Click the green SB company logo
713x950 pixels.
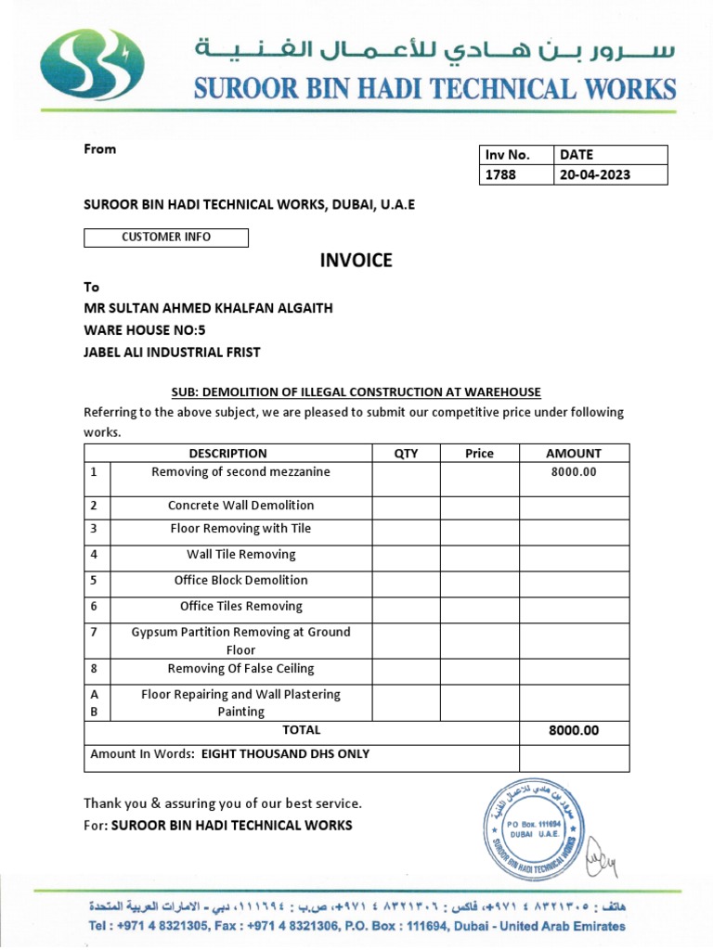pyautogui.click(x=92, y=65)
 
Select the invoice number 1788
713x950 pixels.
pyautogui.click(x=498, y=174)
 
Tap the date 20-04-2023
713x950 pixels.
pyautogui.click(x=594, y=174)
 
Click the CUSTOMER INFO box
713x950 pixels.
pyautogui.click(x=166, y=237)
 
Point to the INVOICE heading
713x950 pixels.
pyautogui.click(x=356, y=261)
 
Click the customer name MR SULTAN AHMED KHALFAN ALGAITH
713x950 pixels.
pyautogui.click(x=208, y=308)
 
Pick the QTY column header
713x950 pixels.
pyautogui.click(x=406, y=454)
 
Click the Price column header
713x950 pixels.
pyautogui.click(x=479, y=454)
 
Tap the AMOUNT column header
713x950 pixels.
pyautogui.click(x=574, y=454)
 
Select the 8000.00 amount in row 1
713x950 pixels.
pyautogui.click(x=574, y=472)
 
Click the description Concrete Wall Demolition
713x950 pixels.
pyautogui.click(x=240, y=506)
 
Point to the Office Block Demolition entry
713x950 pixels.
pyautogui.click(x=240, y=581)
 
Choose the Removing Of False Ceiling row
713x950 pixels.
pyautogui.click(x=240, y=669)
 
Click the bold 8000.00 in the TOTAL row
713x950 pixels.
pyautogui.click(x=574, y=731)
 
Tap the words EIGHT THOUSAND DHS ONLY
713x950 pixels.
pyautogui.click(x=285, y=754)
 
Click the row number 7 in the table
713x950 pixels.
pyautogui.click(x=94, y=632)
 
